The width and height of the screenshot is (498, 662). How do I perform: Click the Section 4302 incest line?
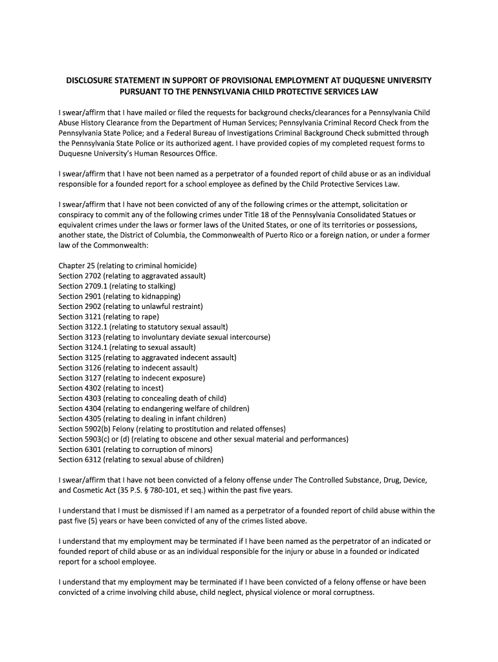(111, 388)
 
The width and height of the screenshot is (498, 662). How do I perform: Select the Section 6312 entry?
(141, 460)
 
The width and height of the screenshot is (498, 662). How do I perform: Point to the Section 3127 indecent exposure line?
(132, 378)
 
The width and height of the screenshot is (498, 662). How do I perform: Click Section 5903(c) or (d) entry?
(203, 439)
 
